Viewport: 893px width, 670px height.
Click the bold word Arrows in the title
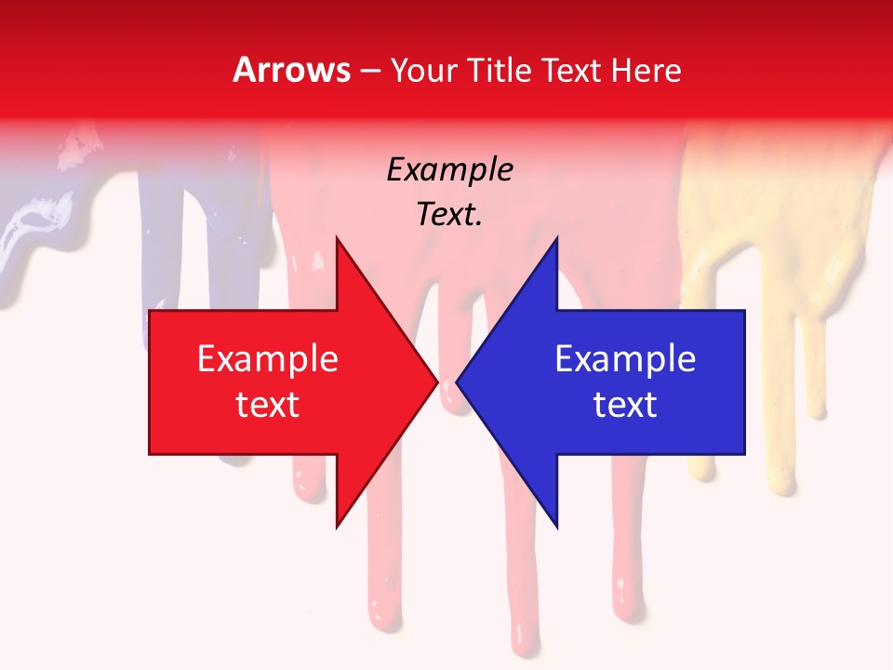[292, 71]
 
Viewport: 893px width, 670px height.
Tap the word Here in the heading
[646, 71]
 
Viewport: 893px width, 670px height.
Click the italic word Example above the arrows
[449, 170]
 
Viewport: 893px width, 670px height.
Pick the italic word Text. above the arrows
[449, 215]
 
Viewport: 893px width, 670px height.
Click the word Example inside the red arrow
[267, 359]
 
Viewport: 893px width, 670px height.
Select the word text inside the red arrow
[267, 405]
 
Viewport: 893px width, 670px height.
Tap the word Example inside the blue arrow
[625, 359]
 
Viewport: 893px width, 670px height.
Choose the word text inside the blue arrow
[625, 405]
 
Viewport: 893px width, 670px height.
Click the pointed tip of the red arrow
[437, 382]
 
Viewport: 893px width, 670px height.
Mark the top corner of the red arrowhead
[337, 238]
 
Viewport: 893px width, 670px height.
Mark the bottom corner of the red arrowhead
[337, 527]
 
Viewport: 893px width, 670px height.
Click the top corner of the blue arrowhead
[556, 238]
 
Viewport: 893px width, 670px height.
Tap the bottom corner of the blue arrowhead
[556, 527]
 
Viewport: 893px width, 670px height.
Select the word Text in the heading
[572, 71]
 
